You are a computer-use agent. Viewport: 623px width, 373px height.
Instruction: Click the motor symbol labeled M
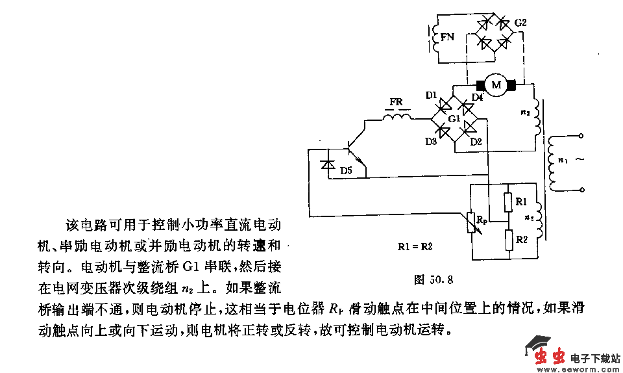pos(496,85)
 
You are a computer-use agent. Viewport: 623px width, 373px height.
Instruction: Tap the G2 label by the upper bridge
pos(520,23)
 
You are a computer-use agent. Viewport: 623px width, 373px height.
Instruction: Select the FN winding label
pos(447,37)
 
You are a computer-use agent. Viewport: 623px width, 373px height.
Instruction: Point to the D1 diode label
pos(431,96)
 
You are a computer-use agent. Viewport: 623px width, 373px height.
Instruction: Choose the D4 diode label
pos(477,98)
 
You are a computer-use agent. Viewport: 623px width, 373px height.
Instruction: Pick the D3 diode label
pos(431,142)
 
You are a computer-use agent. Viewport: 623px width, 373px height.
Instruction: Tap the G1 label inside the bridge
pos(454,120)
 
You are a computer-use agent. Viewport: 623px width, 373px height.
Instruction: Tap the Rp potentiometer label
pos(482,222)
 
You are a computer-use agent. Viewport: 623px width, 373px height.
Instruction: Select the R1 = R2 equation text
pos(415,246)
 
